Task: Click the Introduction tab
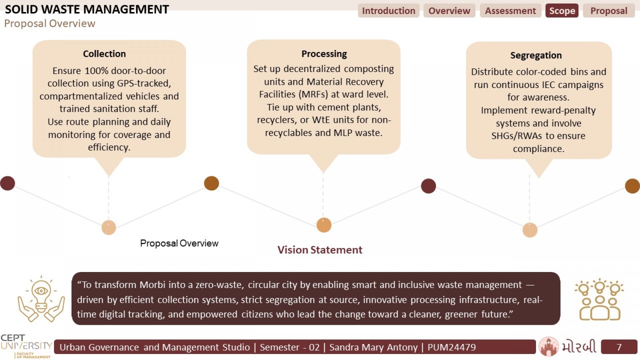(x=388, y=11)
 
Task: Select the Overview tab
(x=449, y=11)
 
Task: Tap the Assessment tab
(x=510, y=11)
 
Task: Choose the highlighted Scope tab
(x=562, y=11)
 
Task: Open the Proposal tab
(x=609, y=11)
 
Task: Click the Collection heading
(x=104, y=54)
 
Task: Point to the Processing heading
(x=324, y=54)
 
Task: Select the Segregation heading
(x=536, y=55)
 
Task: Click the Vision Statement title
(x=320, y=250)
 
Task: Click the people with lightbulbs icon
(x=600, y=300)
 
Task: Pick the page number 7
(x=619, y=347)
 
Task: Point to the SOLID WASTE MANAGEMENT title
(x=87, y=10)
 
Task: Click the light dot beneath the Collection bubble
(x=109, y=228)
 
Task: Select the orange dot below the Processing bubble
(x=324, y=225)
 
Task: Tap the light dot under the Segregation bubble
(x=530, y=230)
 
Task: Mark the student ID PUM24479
(x=452, y=347)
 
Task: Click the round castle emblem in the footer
(x=548, y=346)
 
